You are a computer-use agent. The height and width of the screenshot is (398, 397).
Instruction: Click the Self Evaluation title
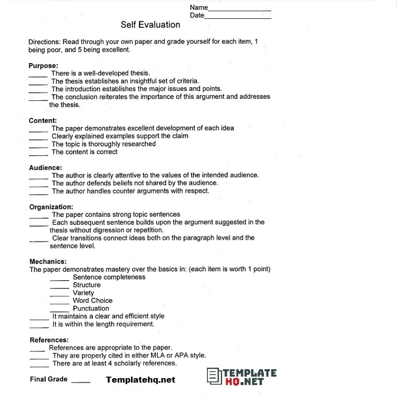click(x=150, y=24)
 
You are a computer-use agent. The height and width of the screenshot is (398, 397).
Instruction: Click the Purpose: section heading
click(x=43, y=66)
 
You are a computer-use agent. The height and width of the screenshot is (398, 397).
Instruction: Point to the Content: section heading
click(x=43, y=120)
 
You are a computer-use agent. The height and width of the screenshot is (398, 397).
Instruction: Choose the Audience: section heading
click(x=45, y=167)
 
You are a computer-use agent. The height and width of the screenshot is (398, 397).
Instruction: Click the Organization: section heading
click(x=51, y=207)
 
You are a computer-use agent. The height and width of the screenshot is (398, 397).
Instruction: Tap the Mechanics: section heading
click(x=48, y=261)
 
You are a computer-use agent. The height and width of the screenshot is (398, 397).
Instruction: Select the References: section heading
click(x=49, y=340)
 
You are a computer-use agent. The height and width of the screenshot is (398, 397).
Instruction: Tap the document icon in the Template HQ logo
click(x=213, y=376)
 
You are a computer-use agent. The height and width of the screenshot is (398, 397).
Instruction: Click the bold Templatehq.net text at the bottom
click(x=140, y=380)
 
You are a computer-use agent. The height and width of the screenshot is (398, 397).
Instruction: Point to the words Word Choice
click(x=92, y=301)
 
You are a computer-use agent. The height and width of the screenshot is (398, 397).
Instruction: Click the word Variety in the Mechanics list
click(x=83, y=293)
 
